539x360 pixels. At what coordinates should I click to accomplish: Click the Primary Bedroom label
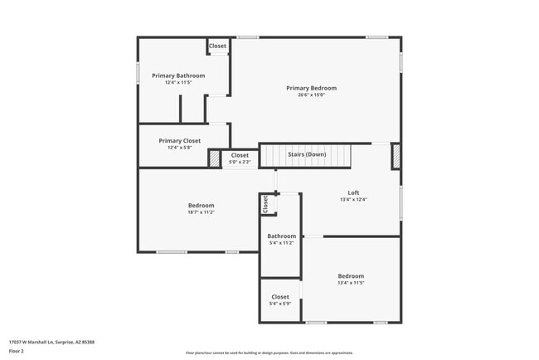(x=311, y=88)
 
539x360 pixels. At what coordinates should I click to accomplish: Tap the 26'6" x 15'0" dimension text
(x=311, y=95)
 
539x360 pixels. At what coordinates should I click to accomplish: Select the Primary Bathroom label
(x=178, y=75)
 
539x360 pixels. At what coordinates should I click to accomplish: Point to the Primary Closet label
(x=180, y=141)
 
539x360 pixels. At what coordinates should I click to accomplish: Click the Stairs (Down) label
(x=307, y=154)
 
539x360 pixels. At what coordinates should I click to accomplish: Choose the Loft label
(x=353, y=192)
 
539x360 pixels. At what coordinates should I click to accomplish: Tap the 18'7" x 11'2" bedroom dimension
(x=201, y=212)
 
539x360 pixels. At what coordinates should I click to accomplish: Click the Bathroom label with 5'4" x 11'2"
(x=281, y=236)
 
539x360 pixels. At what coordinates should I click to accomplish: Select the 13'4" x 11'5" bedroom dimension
(x=351, y=283)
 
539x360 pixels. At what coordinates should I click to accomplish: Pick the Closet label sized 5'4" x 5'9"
(x=280, y=296)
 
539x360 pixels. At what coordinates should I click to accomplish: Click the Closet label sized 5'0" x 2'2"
(x=240, y=155)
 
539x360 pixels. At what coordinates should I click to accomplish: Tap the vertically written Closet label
(x=265, y=205)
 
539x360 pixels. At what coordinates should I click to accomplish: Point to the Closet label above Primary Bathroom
(x=217, y=46)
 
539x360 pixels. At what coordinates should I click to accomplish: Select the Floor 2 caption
(x=17, y=351)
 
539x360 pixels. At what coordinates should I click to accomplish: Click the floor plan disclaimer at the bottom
(x=269, y=353)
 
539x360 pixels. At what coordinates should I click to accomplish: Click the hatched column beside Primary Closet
(x=213, y=157)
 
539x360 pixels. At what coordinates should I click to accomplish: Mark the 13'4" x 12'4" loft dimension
(x=353, y=199)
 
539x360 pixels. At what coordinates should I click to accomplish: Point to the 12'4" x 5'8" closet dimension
(x=180, y=148)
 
